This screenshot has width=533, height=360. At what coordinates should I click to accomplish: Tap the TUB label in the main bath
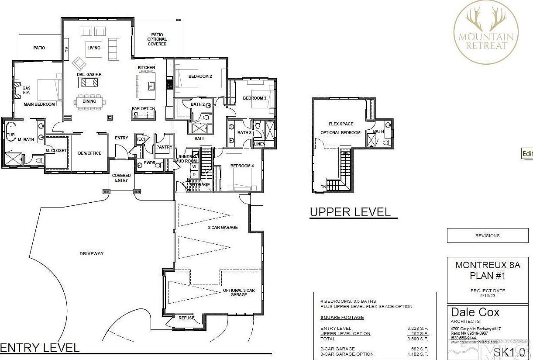(x=10, y=135)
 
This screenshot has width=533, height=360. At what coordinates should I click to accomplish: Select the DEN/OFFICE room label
(x=90, y=153)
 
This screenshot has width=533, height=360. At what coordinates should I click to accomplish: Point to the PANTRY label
(x=164, y=147)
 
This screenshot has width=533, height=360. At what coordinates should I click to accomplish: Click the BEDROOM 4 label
(x=242, y=166)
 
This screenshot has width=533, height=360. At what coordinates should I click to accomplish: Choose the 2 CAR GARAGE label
(x=223, y=228)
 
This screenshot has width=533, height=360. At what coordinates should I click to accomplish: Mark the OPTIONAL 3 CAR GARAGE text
(x=238, y=292)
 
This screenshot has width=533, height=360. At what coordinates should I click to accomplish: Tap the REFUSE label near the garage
(x=186, y=318)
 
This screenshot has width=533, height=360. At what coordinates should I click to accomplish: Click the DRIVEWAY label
(x=92, y=254)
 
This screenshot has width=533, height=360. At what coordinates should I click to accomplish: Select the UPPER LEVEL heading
(x=350, y=212)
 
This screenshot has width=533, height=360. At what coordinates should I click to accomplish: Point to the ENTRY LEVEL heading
(x=40, y=348)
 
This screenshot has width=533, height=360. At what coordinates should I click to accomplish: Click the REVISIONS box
(x=487, y=235)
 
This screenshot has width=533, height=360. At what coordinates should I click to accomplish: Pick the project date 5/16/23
(x=487, y=295)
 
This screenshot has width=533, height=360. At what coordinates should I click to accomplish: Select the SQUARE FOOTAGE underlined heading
(x=342, y=318)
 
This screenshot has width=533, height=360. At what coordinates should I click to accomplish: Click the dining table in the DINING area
(x=89, y=101)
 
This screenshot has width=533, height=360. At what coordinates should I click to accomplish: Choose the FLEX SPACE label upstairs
(x=341, y=124)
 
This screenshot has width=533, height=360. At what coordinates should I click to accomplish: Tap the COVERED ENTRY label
(x=121, y=178)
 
